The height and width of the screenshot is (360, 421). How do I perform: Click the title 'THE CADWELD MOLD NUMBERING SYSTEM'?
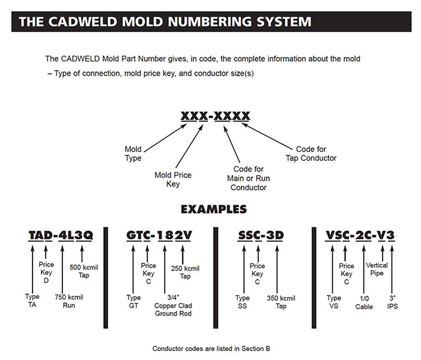coord(165,23)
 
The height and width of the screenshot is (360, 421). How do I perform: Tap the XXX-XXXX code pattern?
coord(215,116)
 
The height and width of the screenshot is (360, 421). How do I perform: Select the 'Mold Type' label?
coord(133,154)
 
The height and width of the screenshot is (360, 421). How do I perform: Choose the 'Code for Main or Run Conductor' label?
coord(250,178)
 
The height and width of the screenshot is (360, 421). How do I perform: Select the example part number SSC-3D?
coord(259,235)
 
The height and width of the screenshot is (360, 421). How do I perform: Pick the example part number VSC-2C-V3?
coord(360,235)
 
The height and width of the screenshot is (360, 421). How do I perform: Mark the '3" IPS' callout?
coord(392,302)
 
